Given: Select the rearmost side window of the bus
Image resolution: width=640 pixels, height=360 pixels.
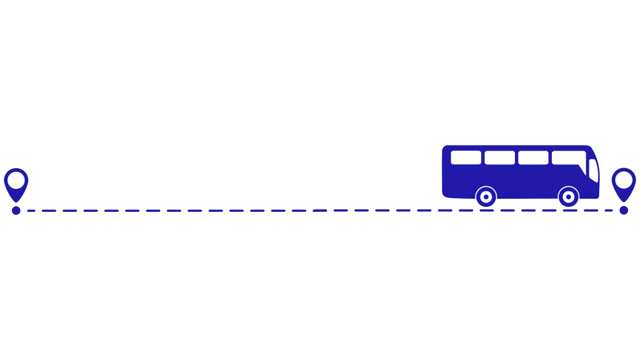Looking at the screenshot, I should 466,157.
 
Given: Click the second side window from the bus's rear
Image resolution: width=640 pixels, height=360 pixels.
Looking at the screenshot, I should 499,157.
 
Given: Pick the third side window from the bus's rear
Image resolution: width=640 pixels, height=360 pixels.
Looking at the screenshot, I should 533,157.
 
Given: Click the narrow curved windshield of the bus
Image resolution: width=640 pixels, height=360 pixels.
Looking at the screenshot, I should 593,170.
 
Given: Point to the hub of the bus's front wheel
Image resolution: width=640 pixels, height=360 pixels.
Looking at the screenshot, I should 568,197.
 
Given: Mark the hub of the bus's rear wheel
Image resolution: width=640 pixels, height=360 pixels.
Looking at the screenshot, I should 486,197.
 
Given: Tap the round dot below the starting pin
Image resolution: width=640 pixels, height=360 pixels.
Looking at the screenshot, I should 16,211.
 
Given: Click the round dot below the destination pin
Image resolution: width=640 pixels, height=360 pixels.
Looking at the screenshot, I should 624,211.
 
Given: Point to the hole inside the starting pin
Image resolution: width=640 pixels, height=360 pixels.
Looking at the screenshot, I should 16,180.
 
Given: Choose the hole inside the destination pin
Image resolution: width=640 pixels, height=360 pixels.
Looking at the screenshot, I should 623,180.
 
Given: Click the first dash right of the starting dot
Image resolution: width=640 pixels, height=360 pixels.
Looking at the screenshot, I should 31,211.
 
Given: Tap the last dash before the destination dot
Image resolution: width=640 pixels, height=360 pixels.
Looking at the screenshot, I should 608,211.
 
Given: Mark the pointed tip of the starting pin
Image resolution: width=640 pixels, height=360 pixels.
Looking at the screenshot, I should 16,201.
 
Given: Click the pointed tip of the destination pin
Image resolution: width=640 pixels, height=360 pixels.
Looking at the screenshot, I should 623,201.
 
